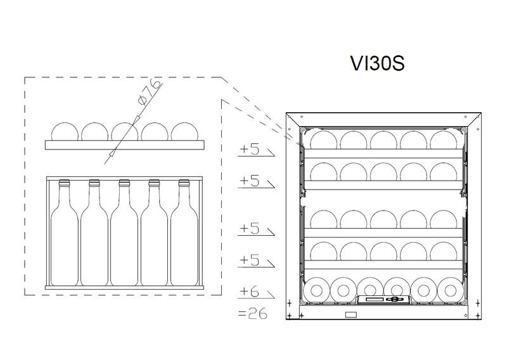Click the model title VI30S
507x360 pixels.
click(377, 64)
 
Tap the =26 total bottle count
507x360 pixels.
click(252, 313)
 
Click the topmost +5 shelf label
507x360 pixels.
click(250, 150)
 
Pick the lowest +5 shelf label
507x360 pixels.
click(250, 259)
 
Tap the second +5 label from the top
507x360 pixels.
click(250, 181)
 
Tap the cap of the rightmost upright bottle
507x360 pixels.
click(184, 183)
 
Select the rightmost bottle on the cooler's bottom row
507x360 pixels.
click(451, 290)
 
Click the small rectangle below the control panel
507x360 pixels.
click(350, 314)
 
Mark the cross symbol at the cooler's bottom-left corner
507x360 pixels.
click(290, 315)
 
